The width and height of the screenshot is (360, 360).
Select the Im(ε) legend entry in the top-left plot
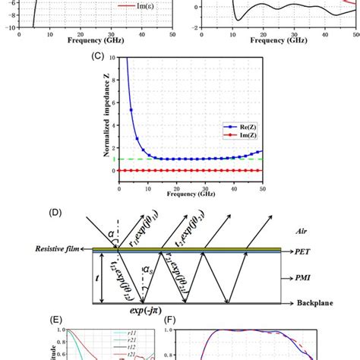pyautogui.click(x=147, y=6)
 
